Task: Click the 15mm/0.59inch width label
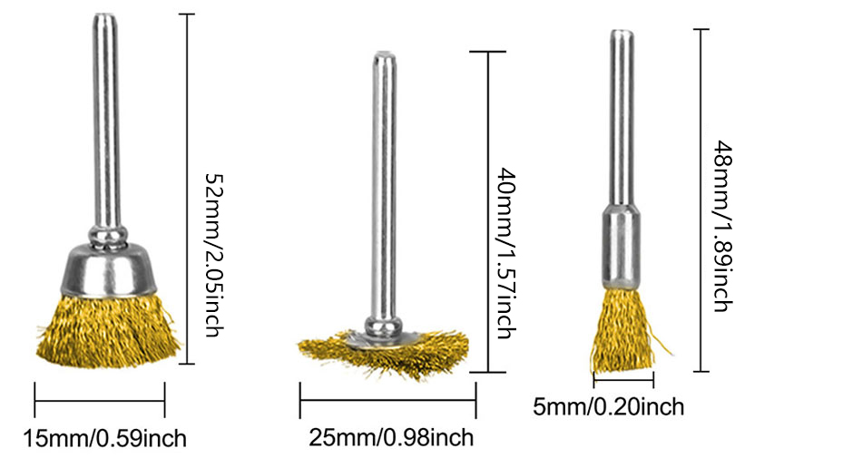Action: pyautogui.click(x=104, y=438)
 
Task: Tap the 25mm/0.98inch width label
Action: pyautogui.click(x=391, y=437)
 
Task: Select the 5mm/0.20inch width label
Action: pyautogui.click(x=609, y=407)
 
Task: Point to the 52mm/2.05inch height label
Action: pyautogui.click(x=214, y=255)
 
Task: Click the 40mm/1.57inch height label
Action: pyautogui.click(x=507, y=253)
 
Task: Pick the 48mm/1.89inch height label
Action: pyautogui.click(x=723, y=226)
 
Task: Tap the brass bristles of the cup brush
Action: pyautogui.click(x=108, y=330)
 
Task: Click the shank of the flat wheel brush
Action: pyautogui.click(x=384, y=187)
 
